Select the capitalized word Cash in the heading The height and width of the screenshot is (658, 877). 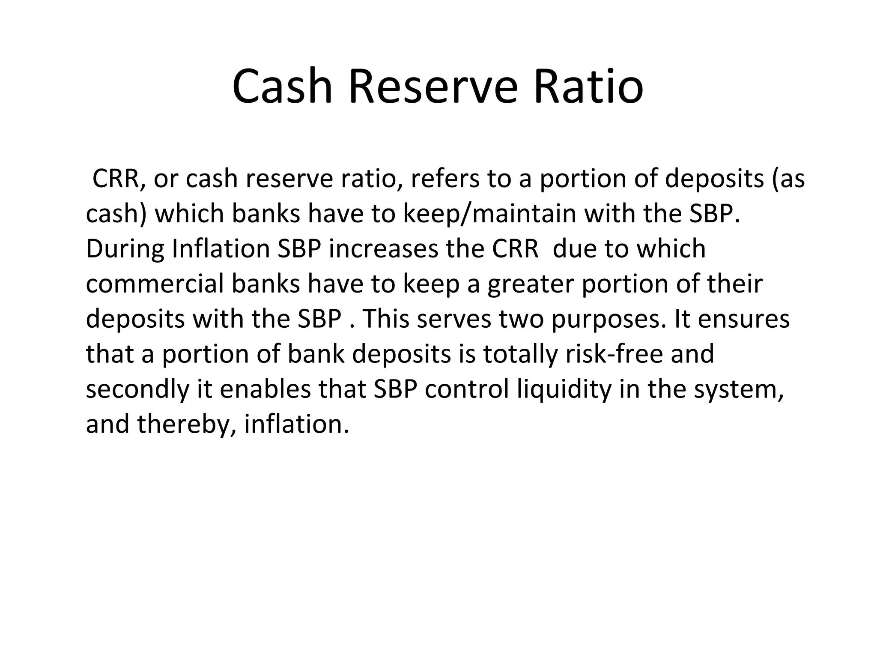click(282, 87)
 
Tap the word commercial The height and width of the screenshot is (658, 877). click(155, 284)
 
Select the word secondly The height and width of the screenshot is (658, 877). click(137, 389)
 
